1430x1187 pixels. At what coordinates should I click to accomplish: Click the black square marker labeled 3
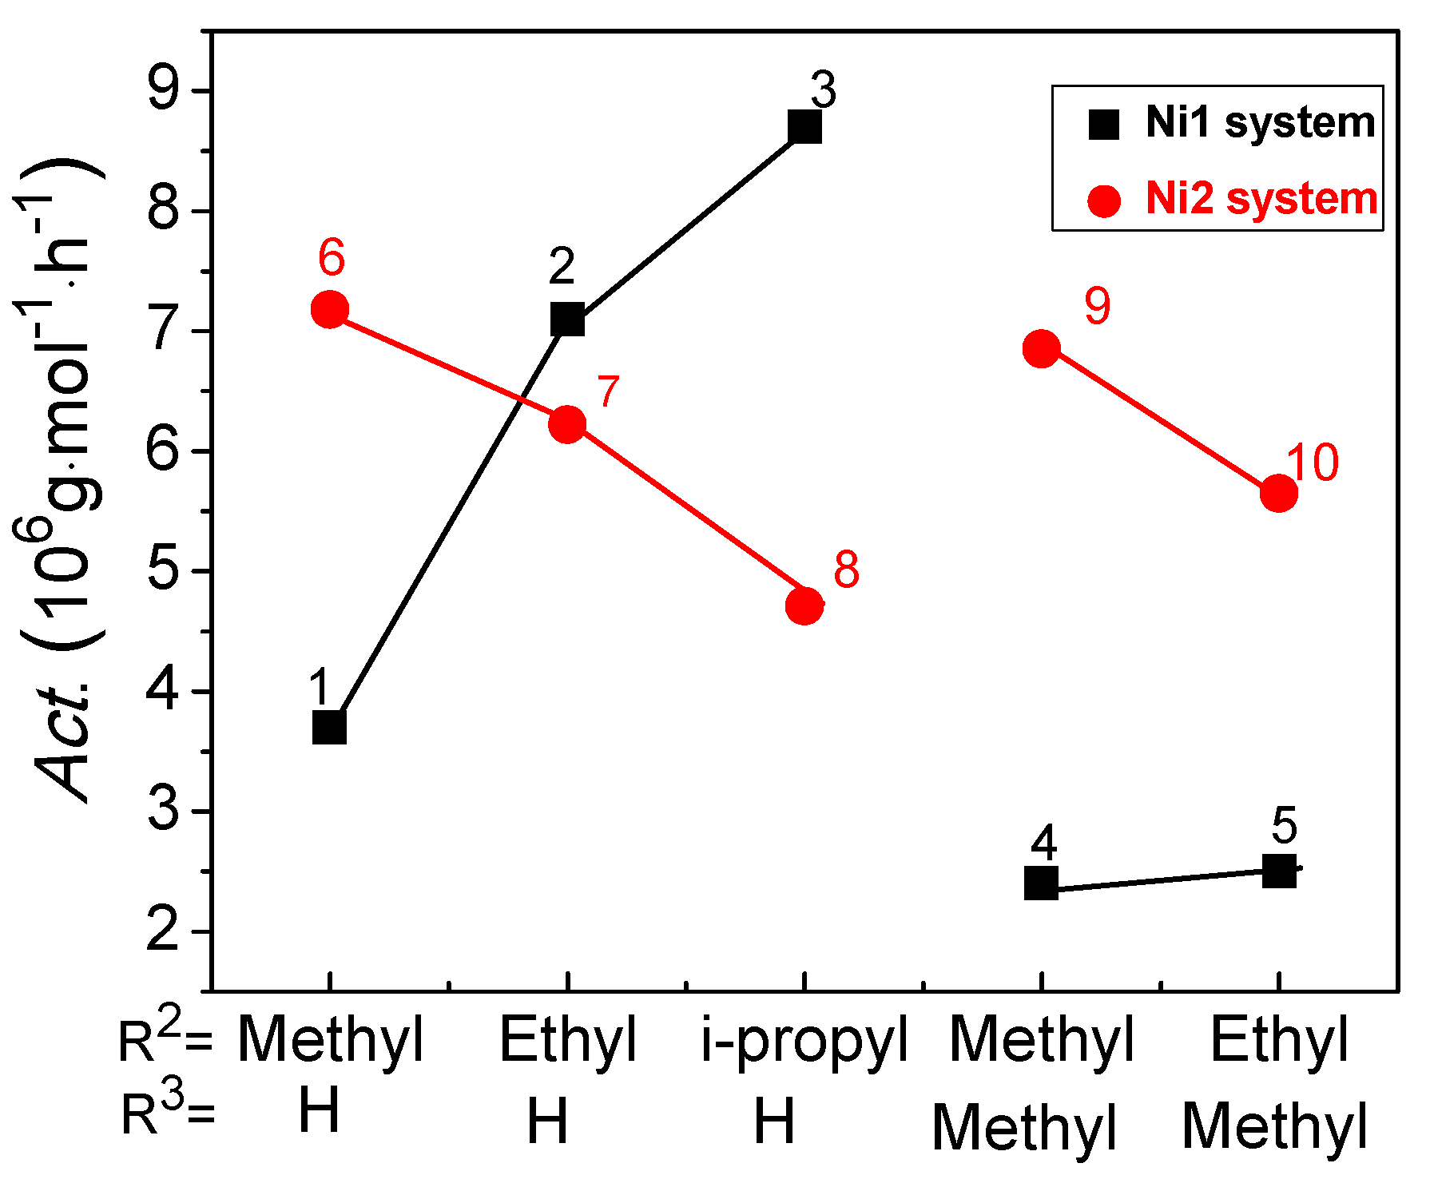point(804,127)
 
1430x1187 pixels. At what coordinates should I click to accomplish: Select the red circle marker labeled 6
point(329,309)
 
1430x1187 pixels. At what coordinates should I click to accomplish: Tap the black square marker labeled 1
point(329,728)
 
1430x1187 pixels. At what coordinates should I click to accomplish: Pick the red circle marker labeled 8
point(804,606)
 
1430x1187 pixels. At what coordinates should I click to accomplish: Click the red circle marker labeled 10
point(1278,493)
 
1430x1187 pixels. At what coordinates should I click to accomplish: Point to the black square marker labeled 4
point(1041,883)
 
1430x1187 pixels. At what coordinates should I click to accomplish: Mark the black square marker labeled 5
point(1278,871)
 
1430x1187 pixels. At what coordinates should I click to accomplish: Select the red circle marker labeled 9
point(1041,348)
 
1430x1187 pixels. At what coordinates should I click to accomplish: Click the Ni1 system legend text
point(1260,123)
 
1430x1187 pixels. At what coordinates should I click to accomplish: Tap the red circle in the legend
point(1104,200)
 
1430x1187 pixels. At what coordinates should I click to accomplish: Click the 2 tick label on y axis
point(165,931)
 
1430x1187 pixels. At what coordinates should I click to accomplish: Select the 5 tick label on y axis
point(165,570)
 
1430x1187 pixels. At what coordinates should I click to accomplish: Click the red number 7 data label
point(609,392)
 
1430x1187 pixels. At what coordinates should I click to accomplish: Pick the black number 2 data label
point(562,266)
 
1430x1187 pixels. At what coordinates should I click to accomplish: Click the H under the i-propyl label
point(774,1120)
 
